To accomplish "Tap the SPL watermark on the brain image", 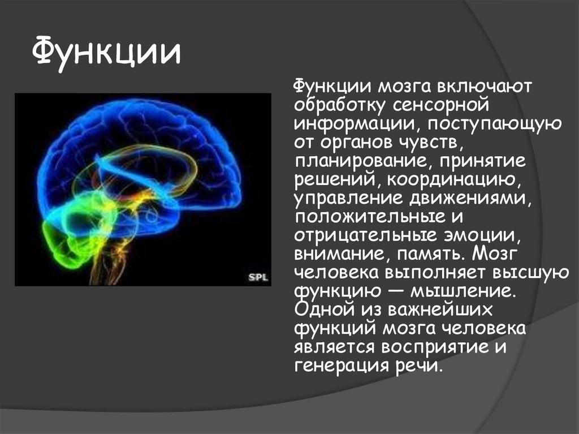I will click(x=258, y=277).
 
